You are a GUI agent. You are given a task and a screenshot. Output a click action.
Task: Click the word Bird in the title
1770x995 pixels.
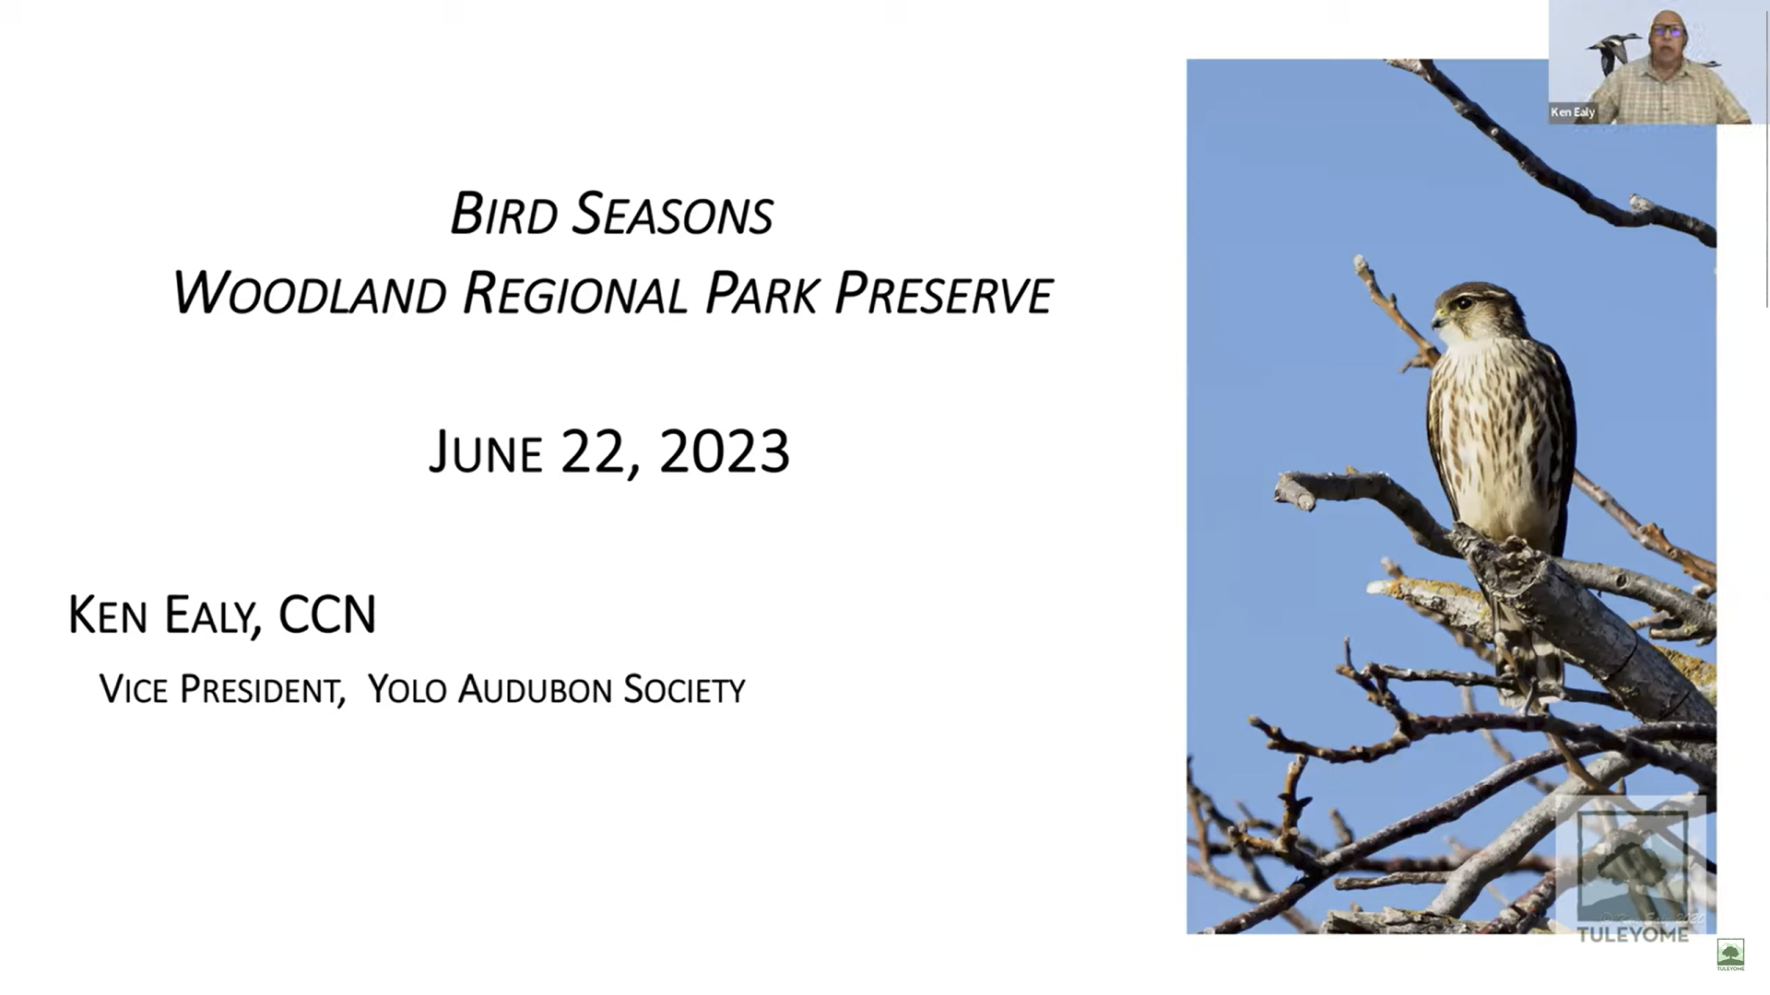point(504,214)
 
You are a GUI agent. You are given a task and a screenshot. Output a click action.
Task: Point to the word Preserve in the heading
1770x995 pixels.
point(943,294)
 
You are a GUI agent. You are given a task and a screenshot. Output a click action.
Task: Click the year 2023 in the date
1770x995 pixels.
point(725,451)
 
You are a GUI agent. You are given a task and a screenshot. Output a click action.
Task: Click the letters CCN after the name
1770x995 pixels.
point(327,615)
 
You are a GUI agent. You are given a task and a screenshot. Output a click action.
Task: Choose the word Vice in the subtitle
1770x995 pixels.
point(133,689)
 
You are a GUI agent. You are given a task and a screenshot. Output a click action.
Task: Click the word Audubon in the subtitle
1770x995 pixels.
point(535,689)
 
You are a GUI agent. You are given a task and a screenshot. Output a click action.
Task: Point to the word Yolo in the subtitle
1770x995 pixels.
point(407,689)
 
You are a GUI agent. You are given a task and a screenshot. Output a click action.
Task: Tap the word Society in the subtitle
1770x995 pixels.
point(684,689)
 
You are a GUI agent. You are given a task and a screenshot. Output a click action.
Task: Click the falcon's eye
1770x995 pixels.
point(1464,303)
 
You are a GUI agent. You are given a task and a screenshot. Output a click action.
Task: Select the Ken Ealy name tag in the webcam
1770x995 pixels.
point(1573,112)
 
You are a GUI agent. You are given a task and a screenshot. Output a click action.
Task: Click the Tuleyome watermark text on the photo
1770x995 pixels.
point(1633,934)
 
